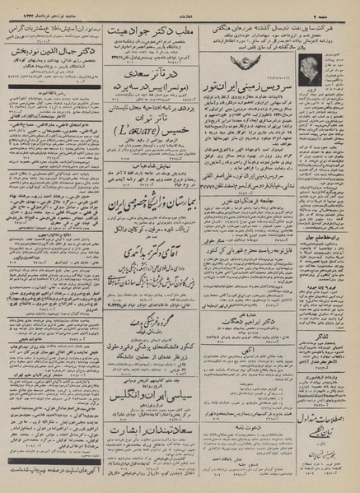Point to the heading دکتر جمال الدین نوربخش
49,38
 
